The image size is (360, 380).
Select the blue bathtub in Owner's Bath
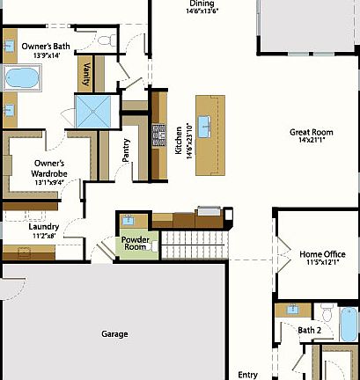21,77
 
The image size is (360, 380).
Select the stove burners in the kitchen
159,133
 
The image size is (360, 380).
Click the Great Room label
312,137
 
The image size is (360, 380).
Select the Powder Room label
136,243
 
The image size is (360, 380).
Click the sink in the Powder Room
129,220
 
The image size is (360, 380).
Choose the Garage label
114,333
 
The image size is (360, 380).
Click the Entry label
248,374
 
